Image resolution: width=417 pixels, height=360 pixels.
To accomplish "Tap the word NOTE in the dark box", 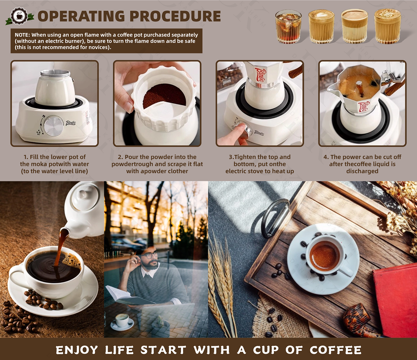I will pos(22,35).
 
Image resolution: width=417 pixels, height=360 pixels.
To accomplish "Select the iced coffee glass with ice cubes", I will pos(288,27).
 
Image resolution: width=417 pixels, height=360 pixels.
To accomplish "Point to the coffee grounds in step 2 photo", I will pos(165,96).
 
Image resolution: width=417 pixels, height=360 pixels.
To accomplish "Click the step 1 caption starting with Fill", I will pos(54,164).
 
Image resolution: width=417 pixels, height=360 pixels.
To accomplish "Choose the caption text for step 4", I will pos(362,164).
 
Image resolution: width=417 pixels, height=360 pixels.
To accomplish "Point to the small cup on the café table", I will pos(122,320).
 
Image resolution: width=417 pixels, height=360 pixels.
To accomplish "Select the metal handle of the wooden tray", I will pos(275,217).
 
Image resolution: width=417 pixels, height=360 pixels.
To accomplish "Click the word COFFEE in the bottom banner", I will pos(336,350).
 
